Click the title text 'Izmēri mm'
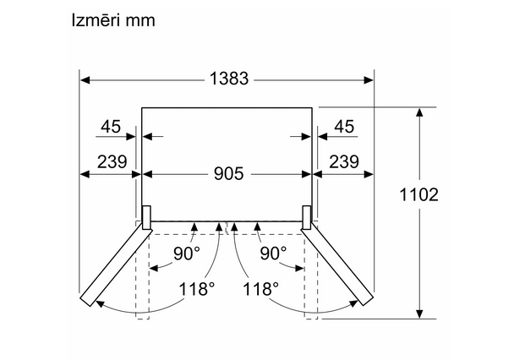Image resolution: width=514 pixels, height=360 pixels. pos(113,20)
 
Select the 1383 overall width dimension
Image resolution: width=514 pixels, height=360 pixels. pos(229,79)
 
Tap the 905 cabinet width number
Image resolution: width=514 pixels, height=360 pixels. pos(229,173)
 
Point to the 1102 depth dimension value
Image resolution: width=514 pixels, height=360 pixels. pos(418,194)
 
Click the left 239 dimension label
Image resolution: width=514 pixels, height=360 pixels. pos(112,161)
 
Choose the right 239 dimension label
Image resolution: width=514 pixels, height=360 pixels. pos(344,161)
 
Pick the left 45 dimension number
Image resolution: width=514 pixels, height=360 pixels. pos(111,127)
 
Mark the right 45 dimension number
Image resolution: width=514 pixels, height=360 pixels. pos(344,127)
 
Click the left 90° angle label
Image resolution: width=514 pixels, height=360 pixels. pos(187,253)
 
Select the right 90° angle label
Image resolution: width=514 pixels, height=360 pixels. pos(273,253)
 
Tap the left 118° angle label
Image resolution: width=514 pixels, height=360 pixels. pos(197,289)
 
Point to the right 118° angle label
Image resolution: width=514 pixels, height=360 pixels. pos(260,289)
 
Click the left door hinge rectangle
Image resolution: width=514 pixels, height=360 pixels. pos(146,217)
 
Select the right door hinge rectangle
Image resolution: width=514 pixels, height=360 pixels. pos(307,217)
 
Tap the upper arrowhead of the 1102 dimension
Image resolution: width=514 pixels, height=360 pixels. pos(419,112)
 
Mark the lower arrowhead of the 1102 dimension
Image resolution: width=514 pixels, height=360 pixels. pos(419,314)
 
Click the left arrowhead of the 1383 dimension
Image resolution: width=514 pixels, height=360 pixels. pos(85,80)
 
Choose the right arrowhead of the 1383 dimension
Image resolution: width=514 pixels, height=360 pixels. pos(368,80)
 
